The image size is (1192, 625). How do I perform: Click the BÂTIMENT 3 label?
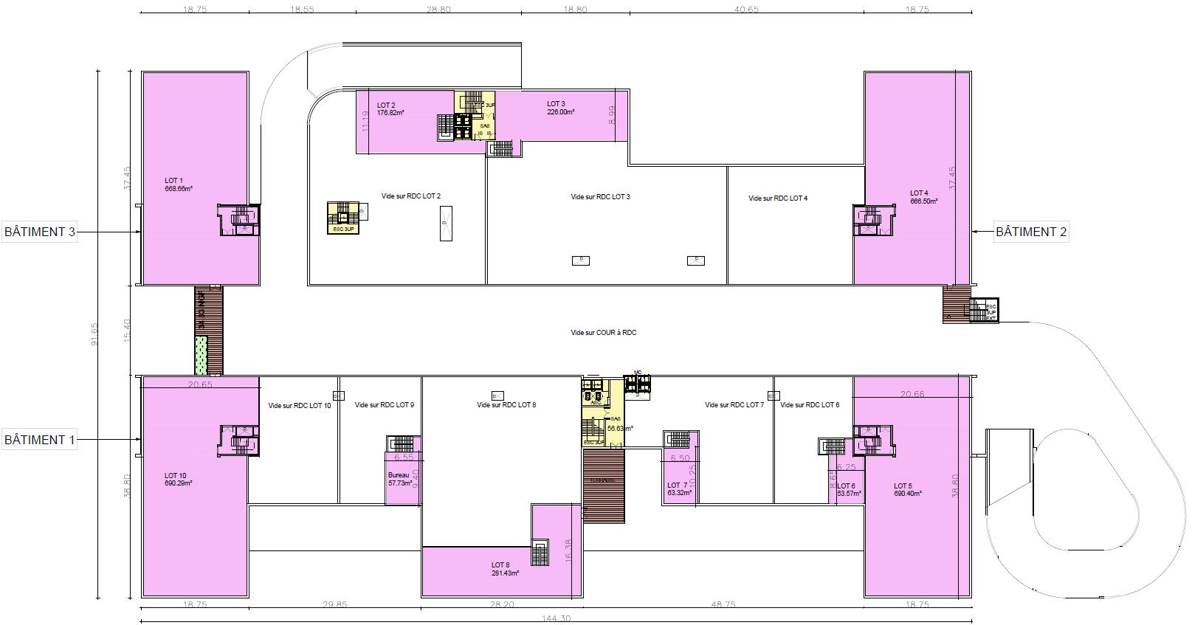point(40,232)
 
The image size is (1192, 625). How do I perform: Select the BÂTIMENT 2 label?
point(1031,232)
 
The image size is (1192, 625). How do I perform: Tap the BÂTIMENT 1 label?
point(40,440)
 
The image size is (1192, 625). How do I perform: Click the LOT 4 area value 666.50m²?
point(923,201)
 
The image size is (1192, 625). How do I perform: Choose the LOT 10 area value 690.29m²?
point(179,483)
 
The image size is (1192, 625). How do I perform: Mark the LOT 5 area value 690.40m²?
point(907,494)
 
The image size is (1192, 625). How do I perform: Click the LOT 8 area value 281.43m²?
point(505,573)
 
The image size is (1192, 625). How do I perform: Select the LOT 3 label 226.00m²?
point(561,112)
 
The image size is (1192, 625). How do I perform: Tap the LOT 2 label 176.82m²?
point(390,113)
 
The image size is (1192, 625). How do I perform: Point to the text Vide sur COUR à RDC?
point(603,333)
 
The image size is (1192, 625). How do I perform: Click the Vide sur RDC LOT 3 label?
point(600,197)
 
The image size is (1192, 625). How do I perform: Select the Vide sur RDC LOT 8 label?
point(506,405)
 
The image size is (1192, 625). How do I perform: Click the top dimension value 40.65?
point(746,10)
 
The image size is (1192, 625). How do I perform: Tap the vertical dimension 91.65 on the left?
point(94,336)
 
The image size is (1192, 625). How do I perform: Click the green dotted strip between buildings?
point(201,355)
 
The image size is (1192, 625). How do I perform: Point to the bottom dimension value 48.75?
point(723,604)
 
